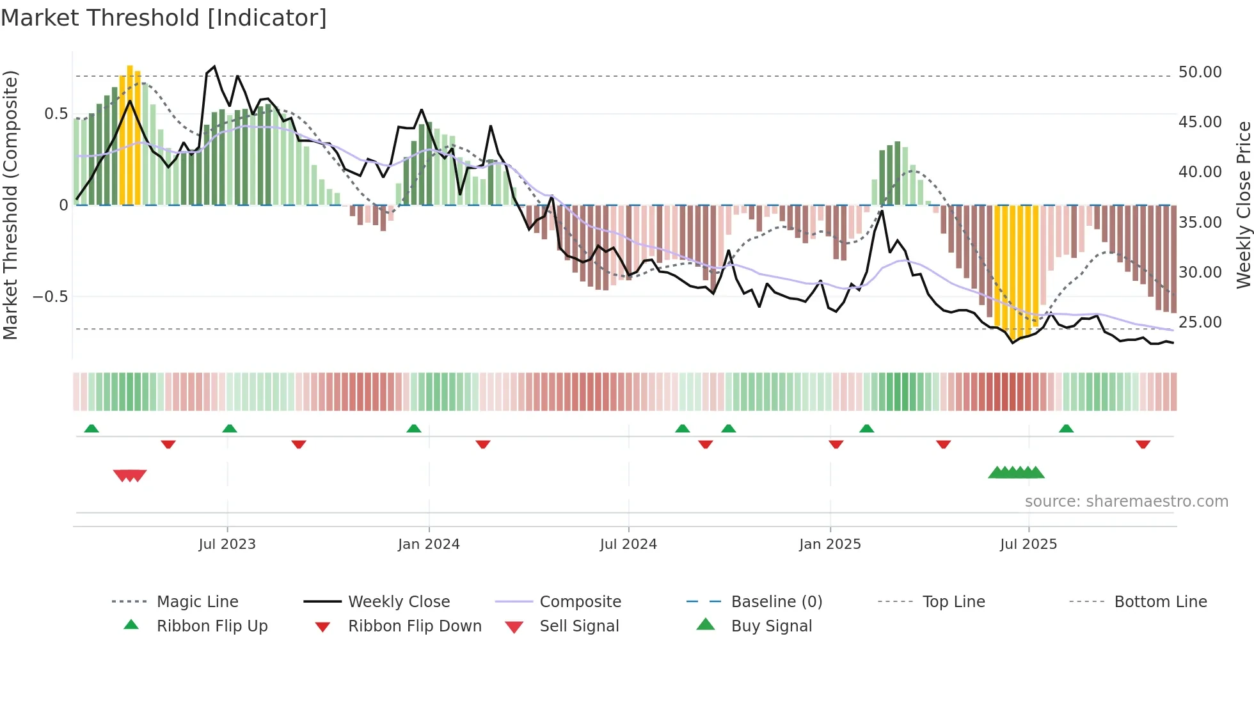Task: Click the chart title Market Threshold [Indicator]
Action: click(164, 18)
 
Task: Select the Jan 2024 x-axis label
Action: click(429, 544)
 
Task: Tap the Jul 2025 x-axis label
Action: click(1028, 544)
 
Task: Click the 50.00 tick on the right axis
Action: click(1200, 72)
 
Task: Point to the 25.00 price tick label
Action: click(1200, 322)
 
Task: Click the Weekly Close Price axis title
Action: click(1243, 205)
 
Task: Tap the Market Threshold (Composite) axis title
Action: click(10, 205)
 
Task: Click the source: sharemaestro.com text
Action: click(1126, 501)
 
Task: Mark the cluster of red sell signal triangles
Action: click(130, 475)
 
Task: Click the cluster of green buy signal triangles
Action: click(1016, 473)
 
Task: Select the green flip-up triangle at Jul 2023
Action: click(230, 428)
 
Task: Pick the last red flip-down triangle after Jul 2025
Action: click(1143, 444)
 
